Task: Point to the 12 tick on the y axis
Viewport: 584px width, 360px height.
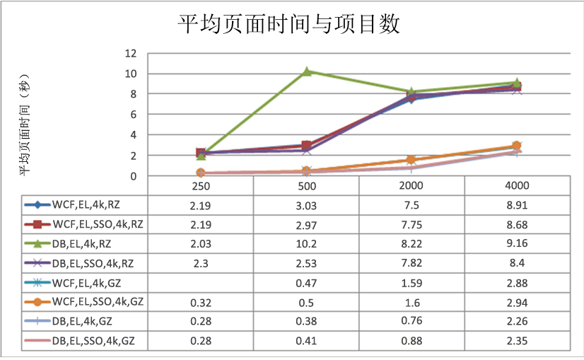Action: click(x=130, y=53)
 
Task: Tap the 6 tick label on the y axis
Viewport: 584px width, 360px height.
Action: click(x=133, y=115)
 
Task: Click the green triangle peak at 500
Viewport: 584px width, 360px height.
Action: click(x=307, y=71)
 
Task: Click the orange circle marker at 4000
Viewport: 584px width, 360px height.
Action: click(x=517, y=146)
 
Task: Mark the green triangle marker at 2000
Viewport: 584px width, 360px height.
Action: click(x=412, y=92)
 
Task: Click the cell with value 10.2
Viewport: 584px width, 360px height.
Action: click(x=306, y=244)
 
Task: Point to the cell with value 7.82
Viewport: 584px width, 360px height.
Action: click(x=411, y=264)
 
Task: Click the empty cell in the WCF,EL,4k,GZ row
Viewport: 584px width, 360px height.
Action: click(x=200, y=283)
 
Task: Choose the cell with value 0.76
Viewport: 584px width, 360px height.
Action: click(x=411, y=322)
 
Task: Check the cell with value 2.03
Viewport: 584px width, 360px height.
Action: click(x=200, y=244)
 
